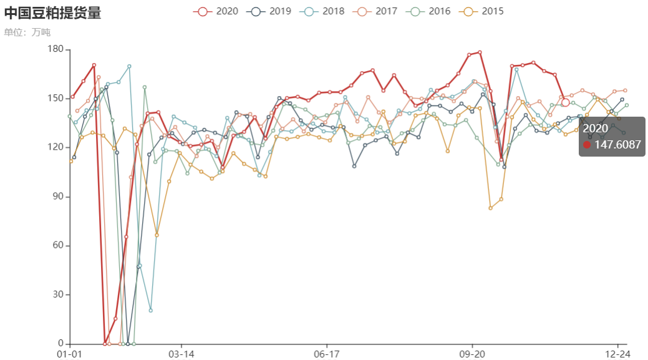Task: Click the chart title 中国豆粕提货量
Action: [x=52, y=12]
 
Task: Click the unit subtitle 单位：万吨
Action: [x=27, y=32]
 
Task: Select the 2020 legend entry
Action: [x=216, y=11]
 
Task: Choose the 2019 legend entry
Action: [x=269, y=11]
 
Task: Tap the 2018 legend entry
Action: [x=322, y=11]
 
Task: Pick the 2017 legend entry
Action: [x=375, y=11]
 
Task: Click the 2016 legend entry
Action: [x=428, y=11]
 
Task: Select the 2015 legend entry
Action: [x=481, y=11]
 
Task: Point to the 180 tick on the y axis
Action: [x=56, y=49]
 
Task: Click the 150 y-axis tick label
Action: [x=56, y=99]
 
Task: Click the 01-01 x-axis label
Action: [x=70, y=354]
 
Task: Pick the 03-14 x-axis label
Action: [x=181, y=354]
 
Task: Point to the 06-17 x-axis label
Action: [x=327, y=354]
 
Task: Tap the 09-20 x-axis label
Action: [x=472, y=354]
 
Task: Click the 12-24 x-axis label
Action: [x=617, y=354]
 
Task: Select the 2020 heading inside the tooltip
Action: [x=595, y=129]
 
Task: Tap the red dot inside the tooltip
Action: [x=586, y=145]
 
